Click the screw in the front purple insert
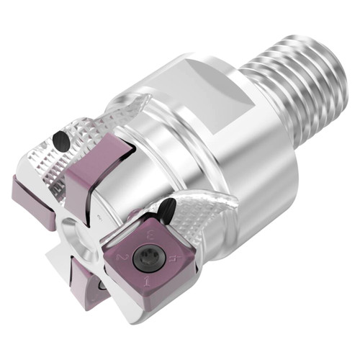[x=151, y=253]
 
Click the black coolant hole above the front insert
[x=167, y=209]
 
